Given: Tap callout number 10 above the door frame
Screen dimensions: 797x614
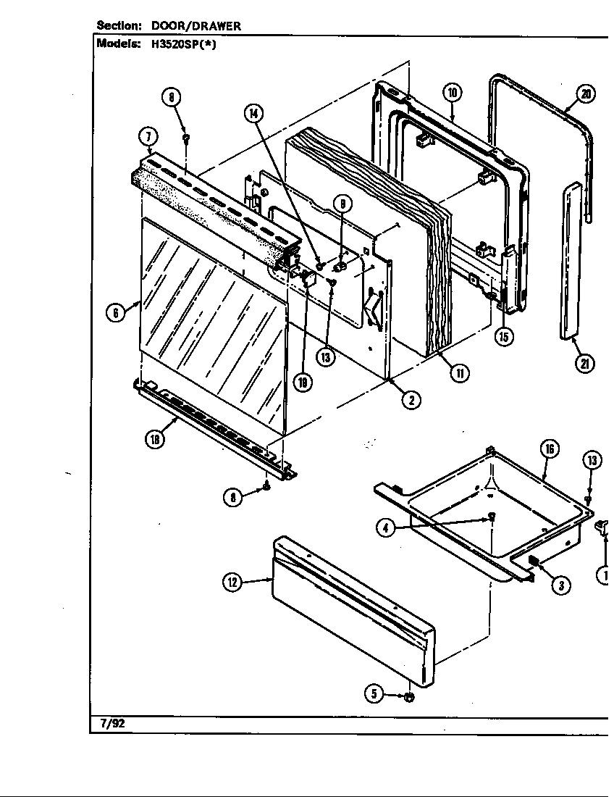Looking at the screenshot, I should [452, 93].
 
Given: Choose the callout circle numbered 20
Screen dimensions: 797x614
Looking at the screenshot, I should [585, 93].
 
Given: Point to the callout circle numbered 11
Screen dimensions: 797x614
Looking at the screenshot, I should [458, 372].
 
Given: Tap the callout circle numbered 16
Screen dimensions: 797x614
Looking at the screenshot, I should [550, 449].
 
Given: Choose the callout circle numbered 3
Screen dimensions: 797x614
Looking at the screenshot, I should [560, 586].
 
